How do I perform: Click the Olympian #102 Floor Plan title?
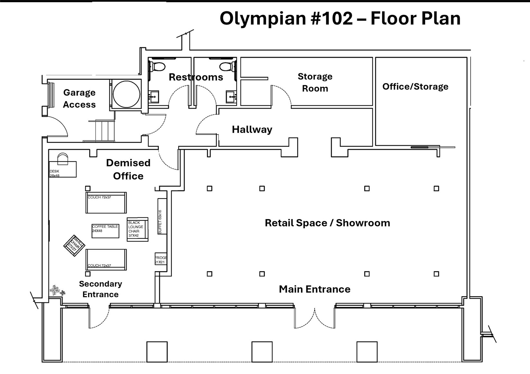(340, 18)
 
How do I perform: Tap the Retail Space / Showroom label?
(327, 223)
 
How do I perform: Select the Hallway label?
(252, 129)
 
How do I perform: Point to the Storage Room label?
(315, 82)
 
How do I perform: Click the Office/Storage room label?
(415, 86)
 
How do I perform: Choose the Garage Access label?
(79, 98)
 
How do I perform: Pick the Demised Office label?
(128, 169)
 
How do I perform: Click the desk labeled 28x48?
(63, 169)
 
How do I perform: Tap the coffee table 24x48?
(105, 231)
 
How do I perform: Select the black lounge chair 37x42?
(137, 229)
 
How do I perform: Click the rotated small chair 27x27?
(74, 245)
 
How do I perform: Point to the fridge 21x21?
(160, 259)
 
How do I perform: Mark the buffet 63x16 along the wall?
(162, 216)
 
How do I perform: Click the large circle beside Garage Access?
(126, 94)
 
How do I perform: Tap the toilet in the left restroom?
(158, 67)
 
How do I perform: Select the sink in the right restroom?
(231, 96)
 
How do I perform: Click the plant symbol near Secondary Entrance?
(57, 290)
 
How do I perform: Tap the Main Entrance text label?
(314, 289)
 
